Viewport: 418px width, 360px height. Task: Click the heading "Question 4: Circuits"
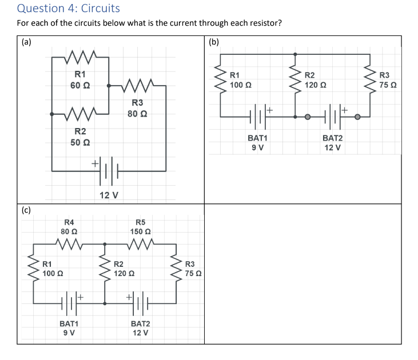point(69,9)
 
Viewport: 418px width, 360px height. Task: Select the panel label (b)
point(214,42)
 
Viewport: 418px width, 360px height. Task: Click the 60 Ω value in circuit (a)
point(79,85)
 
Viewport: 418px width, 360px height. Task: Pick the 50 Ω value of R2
point(79,142)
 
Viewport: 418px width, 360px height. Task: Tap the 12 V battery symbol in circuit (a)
point(109,170)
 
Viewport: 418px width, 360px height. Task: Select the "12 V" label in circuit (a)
point(109,195)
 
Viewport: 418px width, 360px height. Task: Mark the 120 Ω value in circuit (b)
point(315,85)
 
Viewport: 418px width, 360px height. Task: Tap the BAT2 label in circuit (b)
point(332,138)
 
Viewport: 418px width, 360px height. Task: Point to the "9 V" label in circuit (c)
point(69,333)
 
